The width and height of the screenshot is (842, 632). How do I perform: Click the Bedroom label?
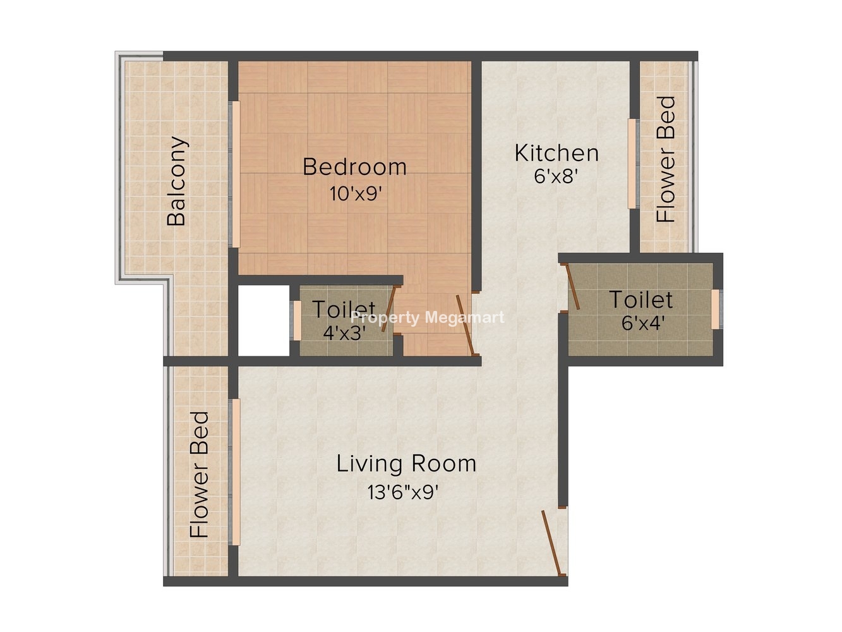(x=354, y=167)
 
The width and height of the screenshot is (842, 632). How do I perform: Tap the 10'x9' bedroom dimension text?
(x=356, y=193)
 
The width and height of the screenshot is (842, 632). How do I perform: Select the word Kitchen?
(x=556, y=153)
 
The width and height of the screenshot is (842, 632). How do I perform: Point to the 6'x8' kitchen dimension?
(x=556, y=176)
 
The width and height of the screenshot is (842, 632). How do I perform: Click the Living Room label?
(x=406, y=463)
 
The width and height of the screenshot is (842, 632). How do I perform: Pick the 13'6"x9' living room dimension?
(x=403, y=492)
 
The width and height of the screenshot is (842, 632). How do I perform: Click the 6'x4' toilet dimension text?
(x=643, y=323)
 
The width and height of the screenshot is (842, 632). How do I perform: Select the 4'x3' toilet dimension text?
(x=344, y=332)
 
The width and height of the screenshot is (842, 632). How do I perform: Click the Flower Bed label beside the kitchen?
(x=666, y=159)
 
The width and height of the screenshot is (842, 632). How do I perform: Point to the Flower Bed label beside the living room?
(x=199, y=474)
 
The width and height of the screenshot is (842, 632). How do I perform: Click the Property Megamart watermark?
(x=428, y=318)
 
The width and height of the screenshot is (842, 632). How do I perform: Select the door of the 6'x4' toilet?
(x=573, y=288)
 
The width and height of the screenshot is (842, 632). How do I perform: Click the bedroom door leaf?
(x=466, y=325)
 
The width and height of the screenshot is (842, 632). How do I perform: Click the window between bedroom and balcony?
(x=234, y=174)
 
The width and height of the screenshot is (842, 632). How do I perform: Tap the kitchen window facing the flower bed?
(x=633, y=164)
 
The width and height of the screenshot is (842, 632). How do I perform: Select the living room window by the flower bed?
(x=234, y=472)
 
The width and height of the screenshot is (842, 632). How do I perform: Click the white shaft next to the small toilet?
(x=264, y=320)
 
